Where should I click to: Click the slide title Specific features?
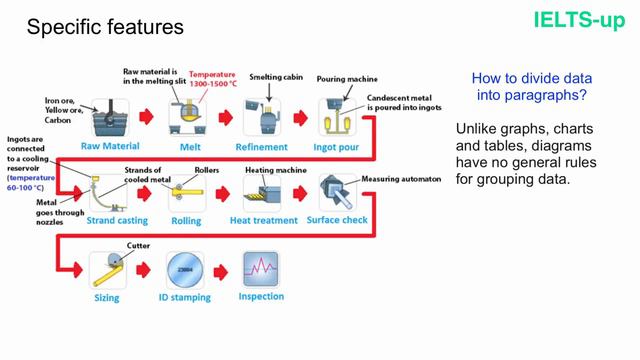point(105,28)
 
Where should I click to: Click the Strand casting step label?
point(115,220)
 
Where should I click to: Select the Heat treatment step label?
point(264,220)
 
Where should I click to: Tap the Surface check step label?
point(336,220)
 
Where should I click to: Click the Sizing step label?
point(107,298)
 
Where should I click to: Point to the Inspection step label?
point(260,297)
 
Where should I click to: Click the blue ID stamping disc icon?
point(186,270)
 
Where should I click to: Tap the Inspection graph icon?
point(260,270)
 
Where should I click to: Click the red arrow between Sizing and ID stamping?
point(148,271)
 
